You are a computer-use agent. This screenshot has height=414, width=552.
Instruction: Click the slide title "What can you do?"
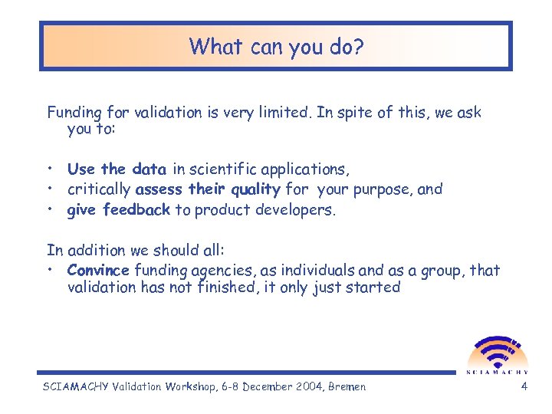(x=276, y=47)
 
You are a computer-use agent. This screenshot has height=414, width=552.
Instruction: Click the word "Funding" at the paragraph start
(x=74, y=113)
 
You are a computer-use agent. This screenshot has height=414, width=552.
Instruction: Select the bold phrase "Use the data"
(x=116, y=169)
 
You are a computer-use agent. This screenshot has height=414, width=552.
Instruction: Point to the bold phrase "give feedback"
(x=118, y=209)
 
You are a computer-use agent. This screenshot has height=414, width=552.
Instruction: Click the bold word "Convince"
(x=98, y=270)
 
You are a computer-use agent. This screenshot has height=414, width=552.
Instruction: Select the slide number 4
(x=524, y=386)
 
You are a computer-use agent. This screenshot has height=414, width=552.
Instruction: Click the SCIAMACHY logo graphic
(x=496, y=352)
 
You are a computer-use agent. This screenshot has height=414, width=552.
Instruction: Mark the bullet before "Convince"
(x=51, y=270)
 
